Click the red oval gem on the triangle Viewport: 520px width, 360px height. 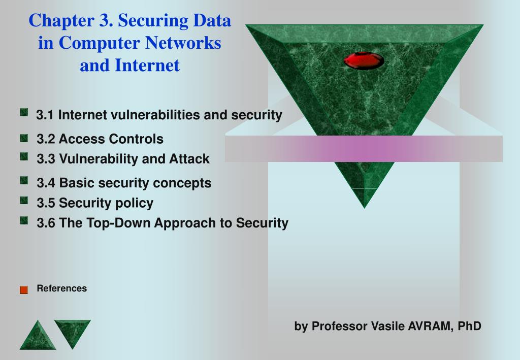pyautogui.click(x=364, y=60)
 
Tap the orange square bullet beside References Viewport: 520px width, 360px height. pyautogui.click(x=24, y=290)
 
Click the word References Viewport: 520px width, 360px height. pyautogui.click(x=61, y=288)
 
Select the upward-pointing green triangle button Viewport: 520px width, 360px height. pyautogui.click(x=38, y=335)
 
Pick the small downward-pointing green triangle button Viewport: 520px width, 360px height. pyautogui.click(x=73, y=333)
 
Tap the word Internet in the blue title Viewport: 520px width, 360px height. pyautogui.click(x=147, y=66)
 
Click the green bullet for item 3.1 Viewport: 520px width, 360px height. pyautogui.click(x=24, y=112)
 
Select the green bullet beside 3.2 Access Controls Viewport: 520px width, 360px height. pyautogui.click(x=24, y=138)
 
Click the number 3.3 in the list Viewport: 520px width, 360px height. pyautogui.click(x=46, y=159)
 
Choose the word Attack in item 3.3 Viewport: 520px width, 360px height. pyautogui.click(x=189, y=159)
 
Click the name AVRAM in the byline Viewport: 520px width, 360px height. pyautogui.click(x=431, y=326)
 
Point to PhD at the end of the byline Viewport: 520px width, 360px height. pyautogui.click(x=469, y=326)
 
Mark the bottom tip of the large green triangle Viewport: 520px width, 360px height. pyautogui.click(x=365, y=208)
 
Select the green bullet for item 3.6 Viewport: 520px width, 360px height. pyautogui.click(x=24, y=220)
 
